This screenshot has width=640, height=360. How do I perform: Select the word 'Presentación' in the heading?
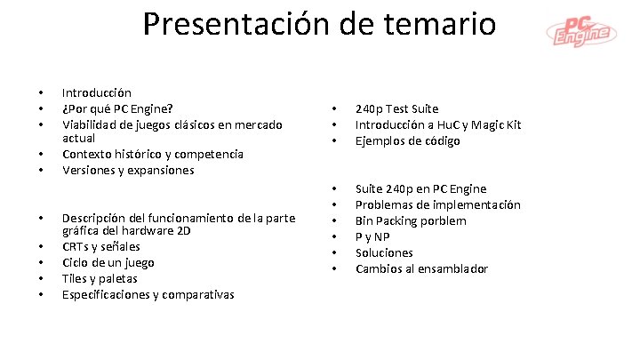pos(236,23)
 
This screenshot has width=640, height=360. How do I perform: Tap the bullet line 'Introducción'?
pos(96,92)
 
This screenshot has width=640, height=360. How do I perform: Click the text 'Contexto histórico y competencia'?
pos(152,155)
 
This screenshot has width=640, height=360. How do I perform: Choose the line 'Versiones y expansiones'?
pos(127,171)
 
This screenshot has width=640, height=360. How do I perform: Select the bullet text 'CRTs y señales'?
pos(100,246)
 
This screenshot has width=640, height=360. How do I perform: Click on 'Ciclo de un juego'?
pos(108,262)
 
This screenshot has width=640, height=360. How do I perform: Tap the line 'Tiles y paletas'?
pos(99,278)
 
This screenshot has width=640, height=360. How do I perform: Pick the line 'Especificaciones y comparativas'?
pos(148,294)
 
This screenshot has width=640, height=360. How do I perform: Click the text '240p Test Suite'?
pos(396,108)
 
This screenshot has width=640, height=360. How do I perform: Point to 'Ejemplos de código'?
pos(408,140)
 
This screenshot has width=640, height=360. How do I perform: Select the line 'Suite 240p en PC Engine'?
pos(420,188)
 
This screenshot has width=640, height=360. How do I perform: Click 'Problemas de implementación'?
pos(437,204)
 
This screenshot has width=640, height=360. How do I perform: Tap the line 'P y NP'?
pos(372,236)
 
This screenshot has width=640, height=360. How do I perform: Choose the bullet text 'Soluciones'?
pos(384,252)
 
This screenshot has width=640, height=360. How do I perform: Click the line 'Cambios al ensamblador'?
pos(421,268)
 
